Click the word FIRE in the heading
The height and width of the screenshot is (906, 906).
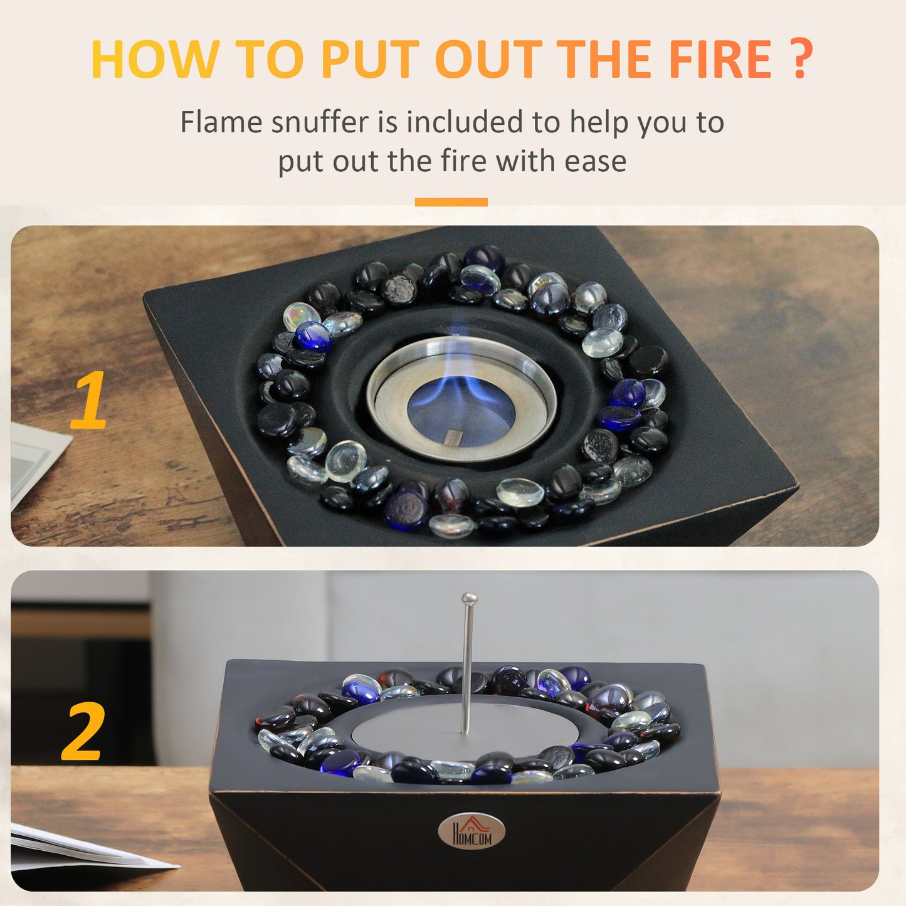pos(720,60)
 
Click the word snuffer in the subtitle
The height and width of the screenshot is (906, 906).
pos(320,122)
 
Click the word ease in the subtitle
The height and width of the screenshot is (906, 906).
pos(595,161)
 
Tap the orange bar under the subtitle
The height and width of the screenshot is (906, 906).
pos(451,202)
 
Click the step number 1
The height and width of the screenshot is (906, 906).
pos(88,400)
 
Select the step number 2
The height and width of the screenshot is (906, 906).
pos(82,731)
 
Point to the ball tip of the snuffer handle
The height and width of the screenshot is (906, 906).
pos(469,599)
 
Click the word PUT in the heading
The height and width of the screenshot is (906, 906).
pos(369,60)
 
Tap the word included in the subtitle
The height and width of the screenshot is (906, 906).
pos(465,122)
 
